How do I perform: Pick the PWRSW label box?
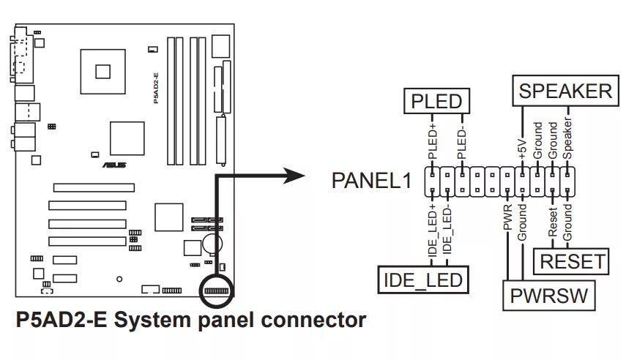coord(548,296)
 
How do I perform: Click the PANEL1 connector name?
coord(372,180)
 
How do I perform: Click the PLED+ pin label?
coord(433,143)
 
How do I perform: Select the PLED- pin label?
coord(462,143)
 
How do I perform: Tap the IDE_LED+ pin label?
coord(433,231)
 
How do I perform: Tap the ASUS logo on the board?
coord(117,165)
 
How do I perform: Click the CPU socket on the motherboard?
coord(102,70)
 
